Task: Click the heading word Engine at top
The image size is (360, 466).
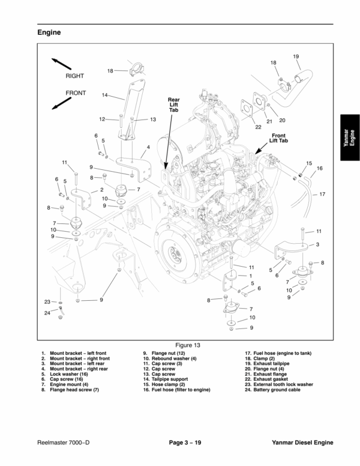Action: coord(50,32)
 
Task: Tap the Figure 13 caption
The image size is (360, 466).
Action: coord(187,345)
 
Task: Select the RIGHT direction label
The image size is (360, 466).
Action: coord(74,76)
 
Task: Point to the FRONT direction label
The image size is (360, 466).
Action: coord(76,93)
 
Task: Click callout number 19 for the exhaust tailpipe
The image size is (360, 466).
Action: coord(296,56)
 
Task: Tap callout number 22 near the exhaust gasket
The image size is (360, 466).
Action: coord(258,127)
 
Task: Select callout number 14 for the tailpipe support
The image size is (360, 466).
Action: coord(104,95)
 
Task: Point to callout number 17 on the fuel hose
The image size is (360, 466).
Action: coord(322,194)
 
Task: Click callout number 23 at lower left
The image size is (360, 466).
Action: coord(47,301)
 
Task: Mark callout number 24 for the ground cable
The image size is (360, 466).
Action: coord(47,313)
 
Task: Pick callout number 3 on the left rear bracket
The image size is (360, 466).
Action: coord(317,244)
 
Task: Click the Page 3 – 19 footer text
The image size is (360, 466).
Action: coord(187,443)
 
